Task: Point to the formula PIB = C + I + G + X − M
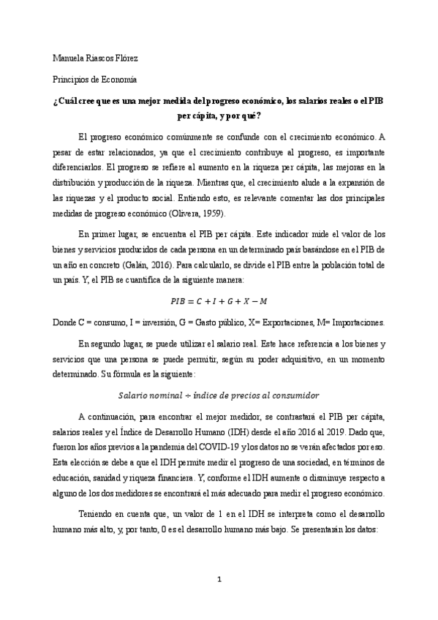pyautogui.click(x=219, y=301)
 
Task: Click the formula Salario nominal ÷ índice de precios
pyautogui.click(x=219, y=393)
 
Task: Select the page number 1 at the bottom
pyautogui.click(x=219, y=600)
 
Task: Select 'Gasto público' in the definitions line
pyautogui.click(x=218, y=322)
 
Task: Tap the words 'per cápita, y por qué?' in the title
pyautogui.click(x=219, y=116)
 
